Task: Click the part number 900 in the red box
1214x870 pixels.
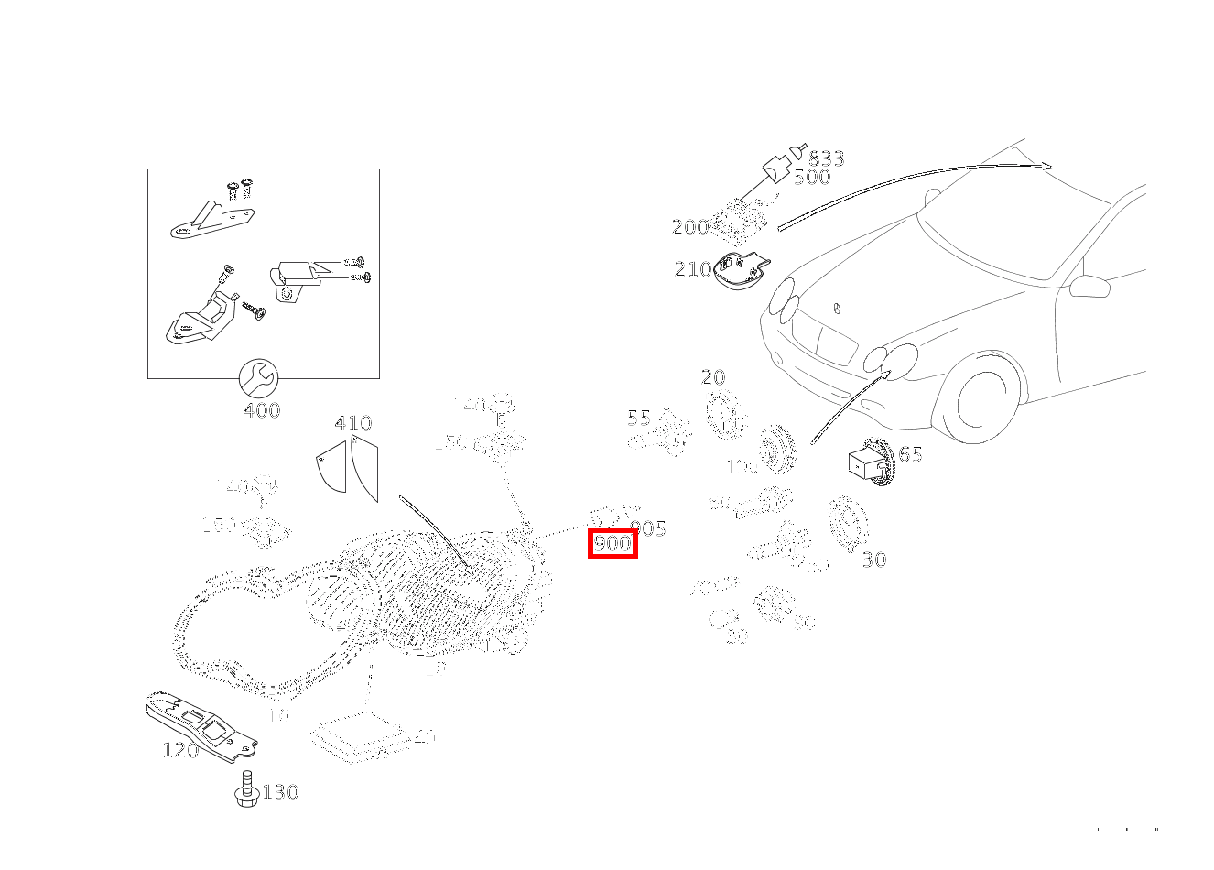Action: [x=612, y=544]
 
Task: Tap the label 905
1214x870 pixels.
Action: [x=648, y=528]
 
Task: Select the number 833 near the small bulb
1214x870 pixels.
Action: [x=826, y=159]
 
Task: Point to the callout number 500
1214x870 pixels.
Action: [x=812, y=178]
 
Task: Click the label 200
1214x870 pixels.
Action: [x=690, y=227]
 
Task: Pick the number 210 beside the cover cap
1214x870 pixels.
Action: [x=693, y=269]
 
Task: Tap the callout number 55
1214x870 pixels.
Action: [x=639, y=419]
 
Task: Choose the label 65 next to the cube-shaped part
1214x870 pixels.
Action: [x=910, y=454]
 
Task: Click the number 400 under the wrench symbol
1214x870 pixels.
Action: [x=262, y=410]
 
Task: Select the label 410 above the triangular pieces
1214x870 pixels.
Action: [x=353, y=423]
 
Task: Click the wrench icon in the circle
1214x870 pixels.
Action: [x=258, y=376]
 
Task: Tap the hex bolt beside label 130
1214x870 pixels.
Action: [x=244, y=789]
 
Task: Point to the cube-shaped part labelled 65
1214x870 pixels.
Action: [x=865, y=462]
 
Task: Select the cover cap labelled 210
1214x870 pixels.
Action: [x=740, y=271]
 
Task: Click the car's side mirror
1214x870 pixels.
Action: [x=1089, y=285]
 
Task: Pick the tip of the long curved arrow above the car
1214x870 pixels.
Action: [x=1050, y=167]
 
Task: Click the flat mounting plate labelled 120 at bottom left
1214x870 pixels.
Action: [x=201, y=727]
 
